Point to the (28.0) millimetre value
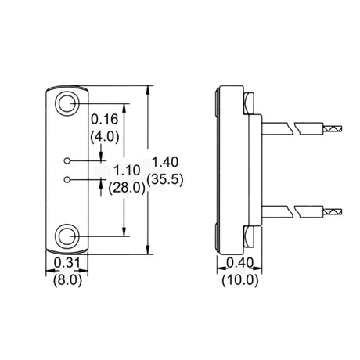(128, 188)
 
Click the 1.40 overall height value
(166, 162)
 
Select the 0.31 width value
(67, 264)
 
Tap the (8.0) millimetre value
(67, 279)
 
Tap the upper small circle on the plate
(68, 161)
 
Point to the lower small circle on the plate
(68, 180)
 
